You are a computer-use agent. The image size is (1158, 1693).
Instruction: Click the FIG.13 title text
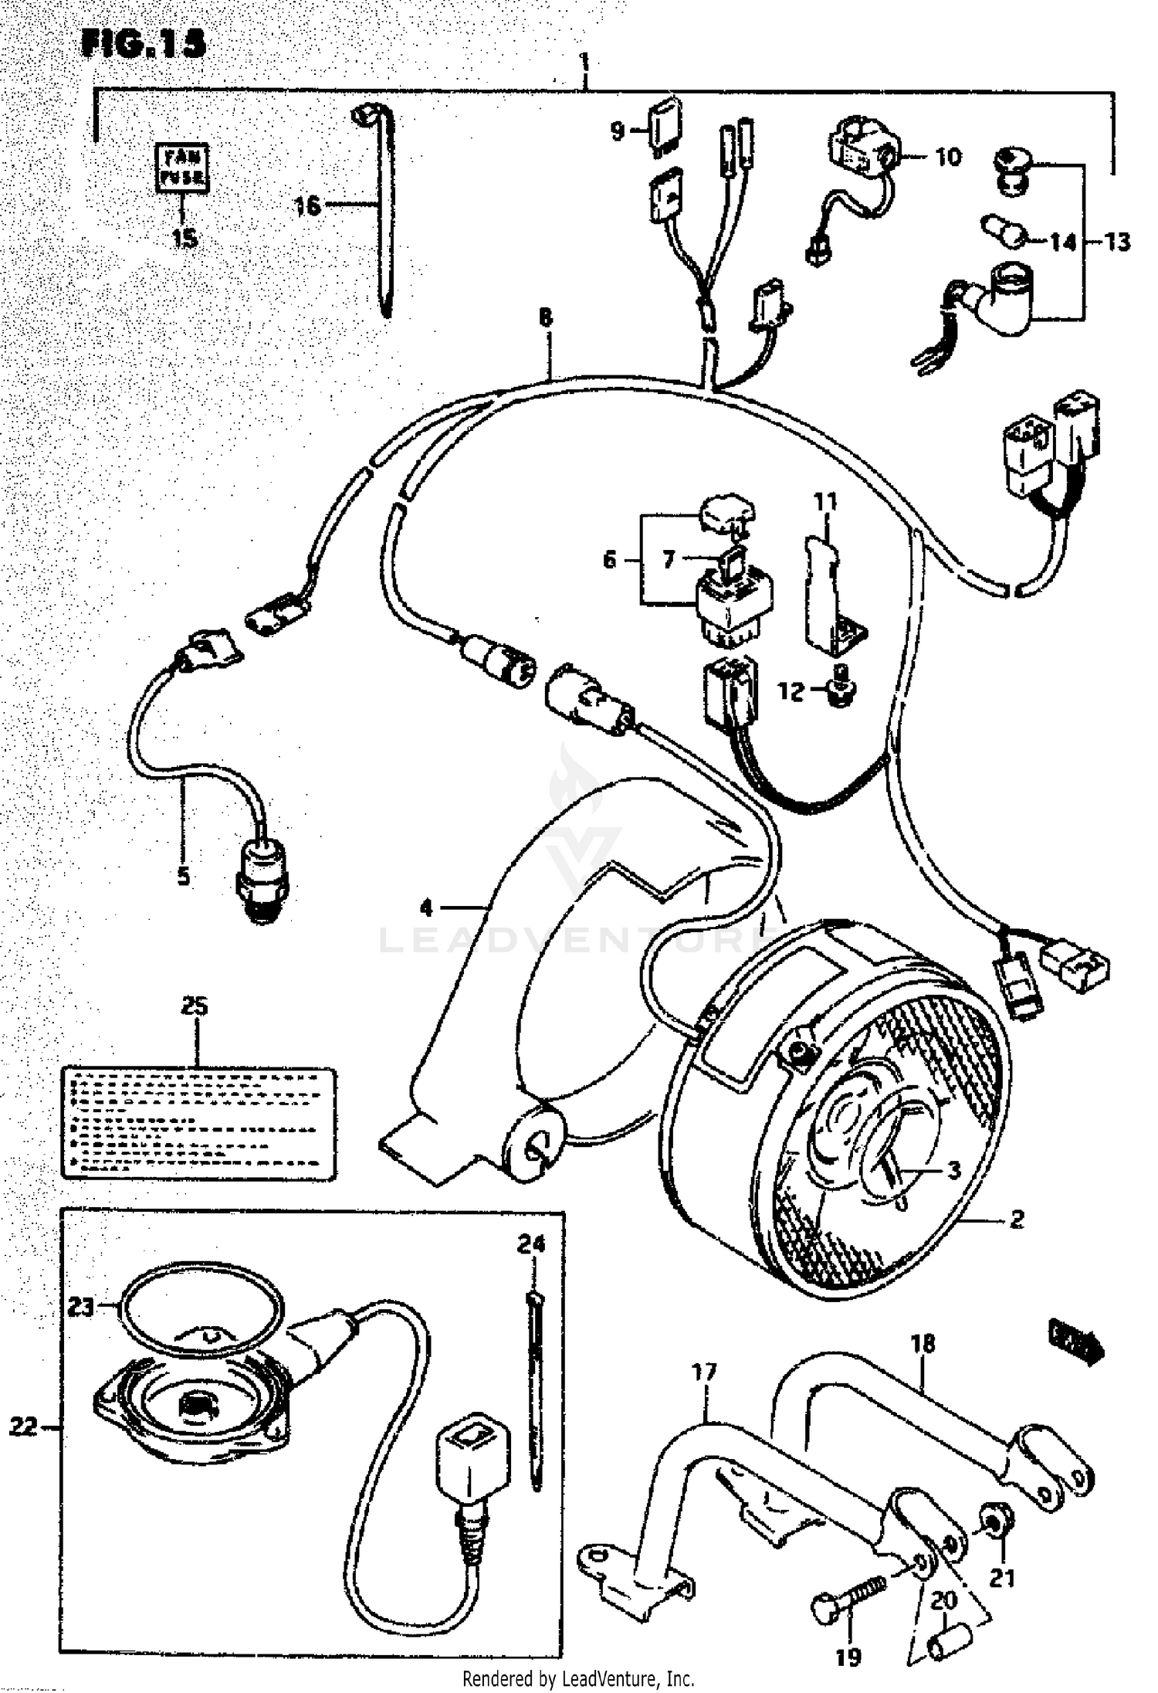click(144, 43)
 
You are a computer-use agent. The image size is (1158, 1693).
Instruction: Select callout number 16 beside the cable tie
click(307, 205)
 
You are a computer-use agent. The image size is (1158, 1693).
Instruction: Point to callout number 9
click(618, 131)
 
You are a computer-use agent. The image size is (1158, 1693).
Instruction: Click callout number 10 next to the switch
click(948, 158)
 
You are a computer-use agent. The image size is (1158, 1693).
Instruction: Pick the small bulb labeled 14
click(1003, 229)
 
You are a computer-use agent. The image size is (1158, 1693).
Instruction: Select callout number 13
click(1117, 242)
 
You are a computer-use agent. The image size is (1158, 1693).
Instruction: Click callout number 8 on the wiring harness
click(546, 317)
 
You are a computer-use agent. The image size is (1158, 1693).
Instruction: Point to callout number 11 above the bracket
click(825, 502)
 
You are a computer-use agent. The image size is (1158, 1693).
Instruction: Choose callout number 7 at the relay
click(669, 558)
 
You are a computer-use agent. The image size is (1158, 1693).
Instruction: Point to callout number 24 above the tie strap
click(531, 1243)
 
